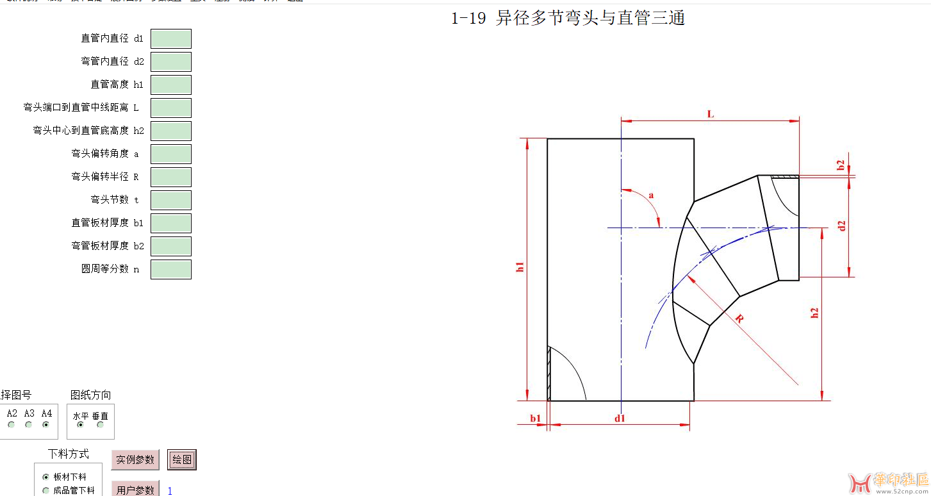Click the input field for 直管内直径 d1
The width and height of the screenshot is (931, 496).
(171, 38)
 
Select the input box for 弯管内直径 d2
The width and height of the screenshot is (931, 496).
(171, 62)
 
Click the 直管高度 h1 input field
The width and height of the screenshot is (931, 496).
(171, 85)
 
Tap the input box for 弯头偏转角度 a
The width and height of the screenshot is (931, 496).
(171, 154)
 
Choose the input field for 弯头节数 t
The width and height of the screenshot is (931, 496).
(171, 200)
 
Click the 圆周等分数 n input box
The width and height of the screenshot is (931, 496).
(171, 269)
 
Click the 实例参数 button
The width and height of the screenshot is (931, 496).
(135, 459)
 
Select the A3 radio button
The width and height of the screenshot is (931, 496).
(29, 425)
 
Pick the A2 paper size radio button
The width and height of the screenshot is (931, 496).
(12, 425)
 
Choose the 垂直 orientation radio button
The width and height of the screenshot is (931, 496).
(100, 425)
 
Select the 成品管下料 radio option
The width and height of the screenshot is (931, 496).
(45, 491)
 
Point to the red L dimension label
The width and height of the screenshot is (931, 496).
(710, 114)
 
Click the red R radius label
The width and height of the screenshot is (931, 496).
(739, 318)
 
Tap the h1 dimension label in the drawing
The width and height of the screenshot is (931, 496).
(520, 267)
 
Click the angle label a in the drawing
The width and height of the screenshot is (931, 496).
(652, 195)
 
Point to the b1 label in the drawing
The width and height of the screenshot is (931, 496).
(535, 418)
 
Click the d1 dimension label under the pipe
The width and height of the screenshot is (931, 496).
(620, 418)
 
